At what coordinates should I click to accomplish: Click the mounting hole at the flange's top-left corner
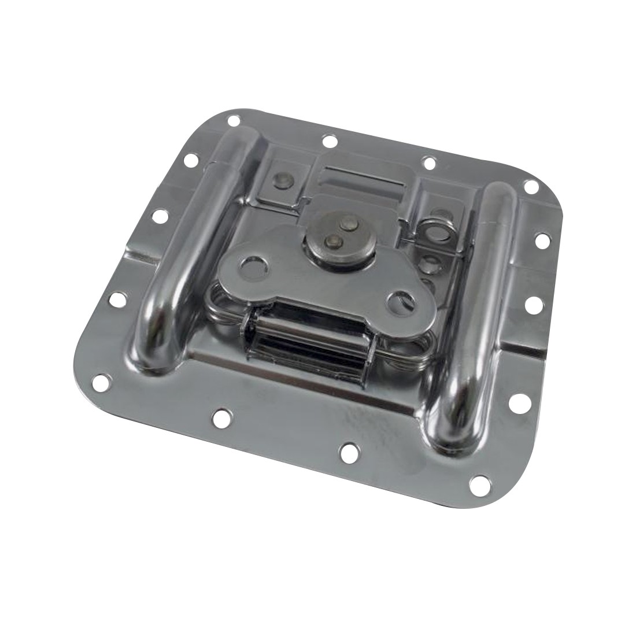(x=234, y=121)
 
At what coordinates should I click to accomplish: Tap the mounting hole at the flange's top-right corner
(x=530, y=186)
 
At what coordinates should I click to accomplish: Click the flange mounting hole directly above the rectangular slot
(x=329, y=140)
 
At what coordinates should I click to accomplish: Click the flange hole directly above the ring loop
(x=428, y=162)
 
